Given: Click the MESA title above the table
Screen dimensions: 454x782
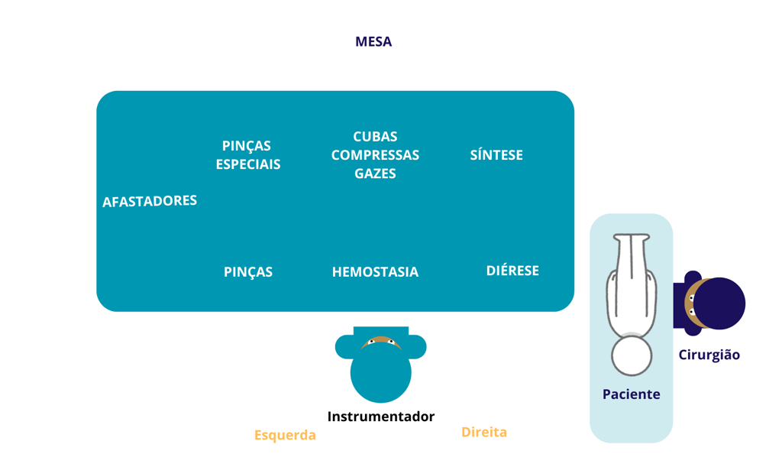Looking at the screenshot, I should coord(373,42).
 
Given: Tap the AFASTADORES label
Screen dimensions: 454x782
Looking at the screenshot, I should coord(150,201).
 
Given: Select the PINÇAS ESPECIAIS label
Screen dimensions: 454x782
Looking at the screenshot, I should coord(247,155).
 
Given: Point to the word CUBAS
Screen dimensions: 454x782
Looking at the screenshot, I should coord(375,137).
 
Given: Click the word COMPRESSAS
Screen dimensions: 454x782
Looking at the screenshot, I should coord(375,155).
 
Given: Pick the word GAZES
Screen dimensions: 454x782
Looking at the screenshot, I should coord(375,173).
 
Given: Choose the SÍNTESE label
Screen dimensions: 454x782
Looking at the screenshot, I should coord(496,155).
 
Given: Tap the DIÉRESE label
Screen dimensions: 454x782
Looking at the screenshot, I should coord(512,271).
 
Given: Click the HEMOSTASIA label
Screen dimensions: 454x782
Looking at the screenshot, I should coord(375,272).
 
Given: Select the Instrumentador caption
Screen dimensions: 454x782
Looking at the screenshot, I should coord(381,417).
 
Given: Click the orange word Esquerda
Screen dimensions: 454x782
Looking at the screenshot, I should coord(285,435).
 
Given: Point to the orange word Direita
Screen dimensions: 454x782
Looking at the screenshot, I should coord(484,432).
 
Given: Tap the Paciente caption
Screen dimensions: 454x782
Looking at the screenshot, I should coord(632,394).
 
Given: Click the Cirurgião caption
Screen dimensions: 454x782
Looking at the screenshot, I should coord(709,355).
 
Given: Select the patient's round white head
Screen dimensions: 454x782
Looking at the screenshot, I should coord(632,355).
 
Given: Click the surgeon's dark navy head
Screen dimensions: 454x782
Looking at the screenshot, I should coord(722,303).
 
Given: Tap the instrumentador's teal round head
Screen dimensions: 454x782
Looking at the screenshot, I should coord(380,373).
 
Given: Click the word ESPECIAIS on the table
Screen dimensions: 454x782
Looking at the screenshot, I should coord(247,164).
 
